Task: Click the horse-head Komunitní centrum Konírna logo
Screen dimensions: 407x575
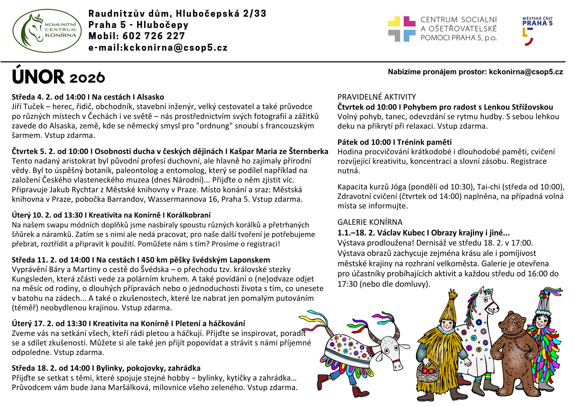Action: click(x=47, y=31)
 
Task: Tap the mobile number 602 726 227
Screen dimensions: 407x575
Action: click(x=154, y=36)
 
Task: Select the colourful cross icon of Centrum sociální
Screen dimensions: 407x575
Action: click(x=401, y=29)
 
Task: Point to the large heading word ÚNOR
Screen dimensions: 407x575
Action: click(x=38, y=77)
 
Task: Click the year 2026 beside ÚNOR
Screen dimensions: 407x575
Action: click(x=87, y=78)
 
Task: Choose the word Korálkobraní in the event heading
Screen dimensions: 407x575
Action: click(x=189, y=215)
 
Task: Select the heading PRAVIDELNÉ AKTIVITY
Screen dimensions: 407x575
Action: click(x=377, y=97)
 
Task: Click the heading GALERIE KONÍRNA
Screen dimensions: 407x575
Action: click(x=370, y=222)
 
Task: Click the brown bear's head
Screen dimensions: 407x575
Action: click(x=511, y=324)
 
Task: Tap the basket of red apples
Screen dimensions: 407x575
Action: click(x=428, y=371)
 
